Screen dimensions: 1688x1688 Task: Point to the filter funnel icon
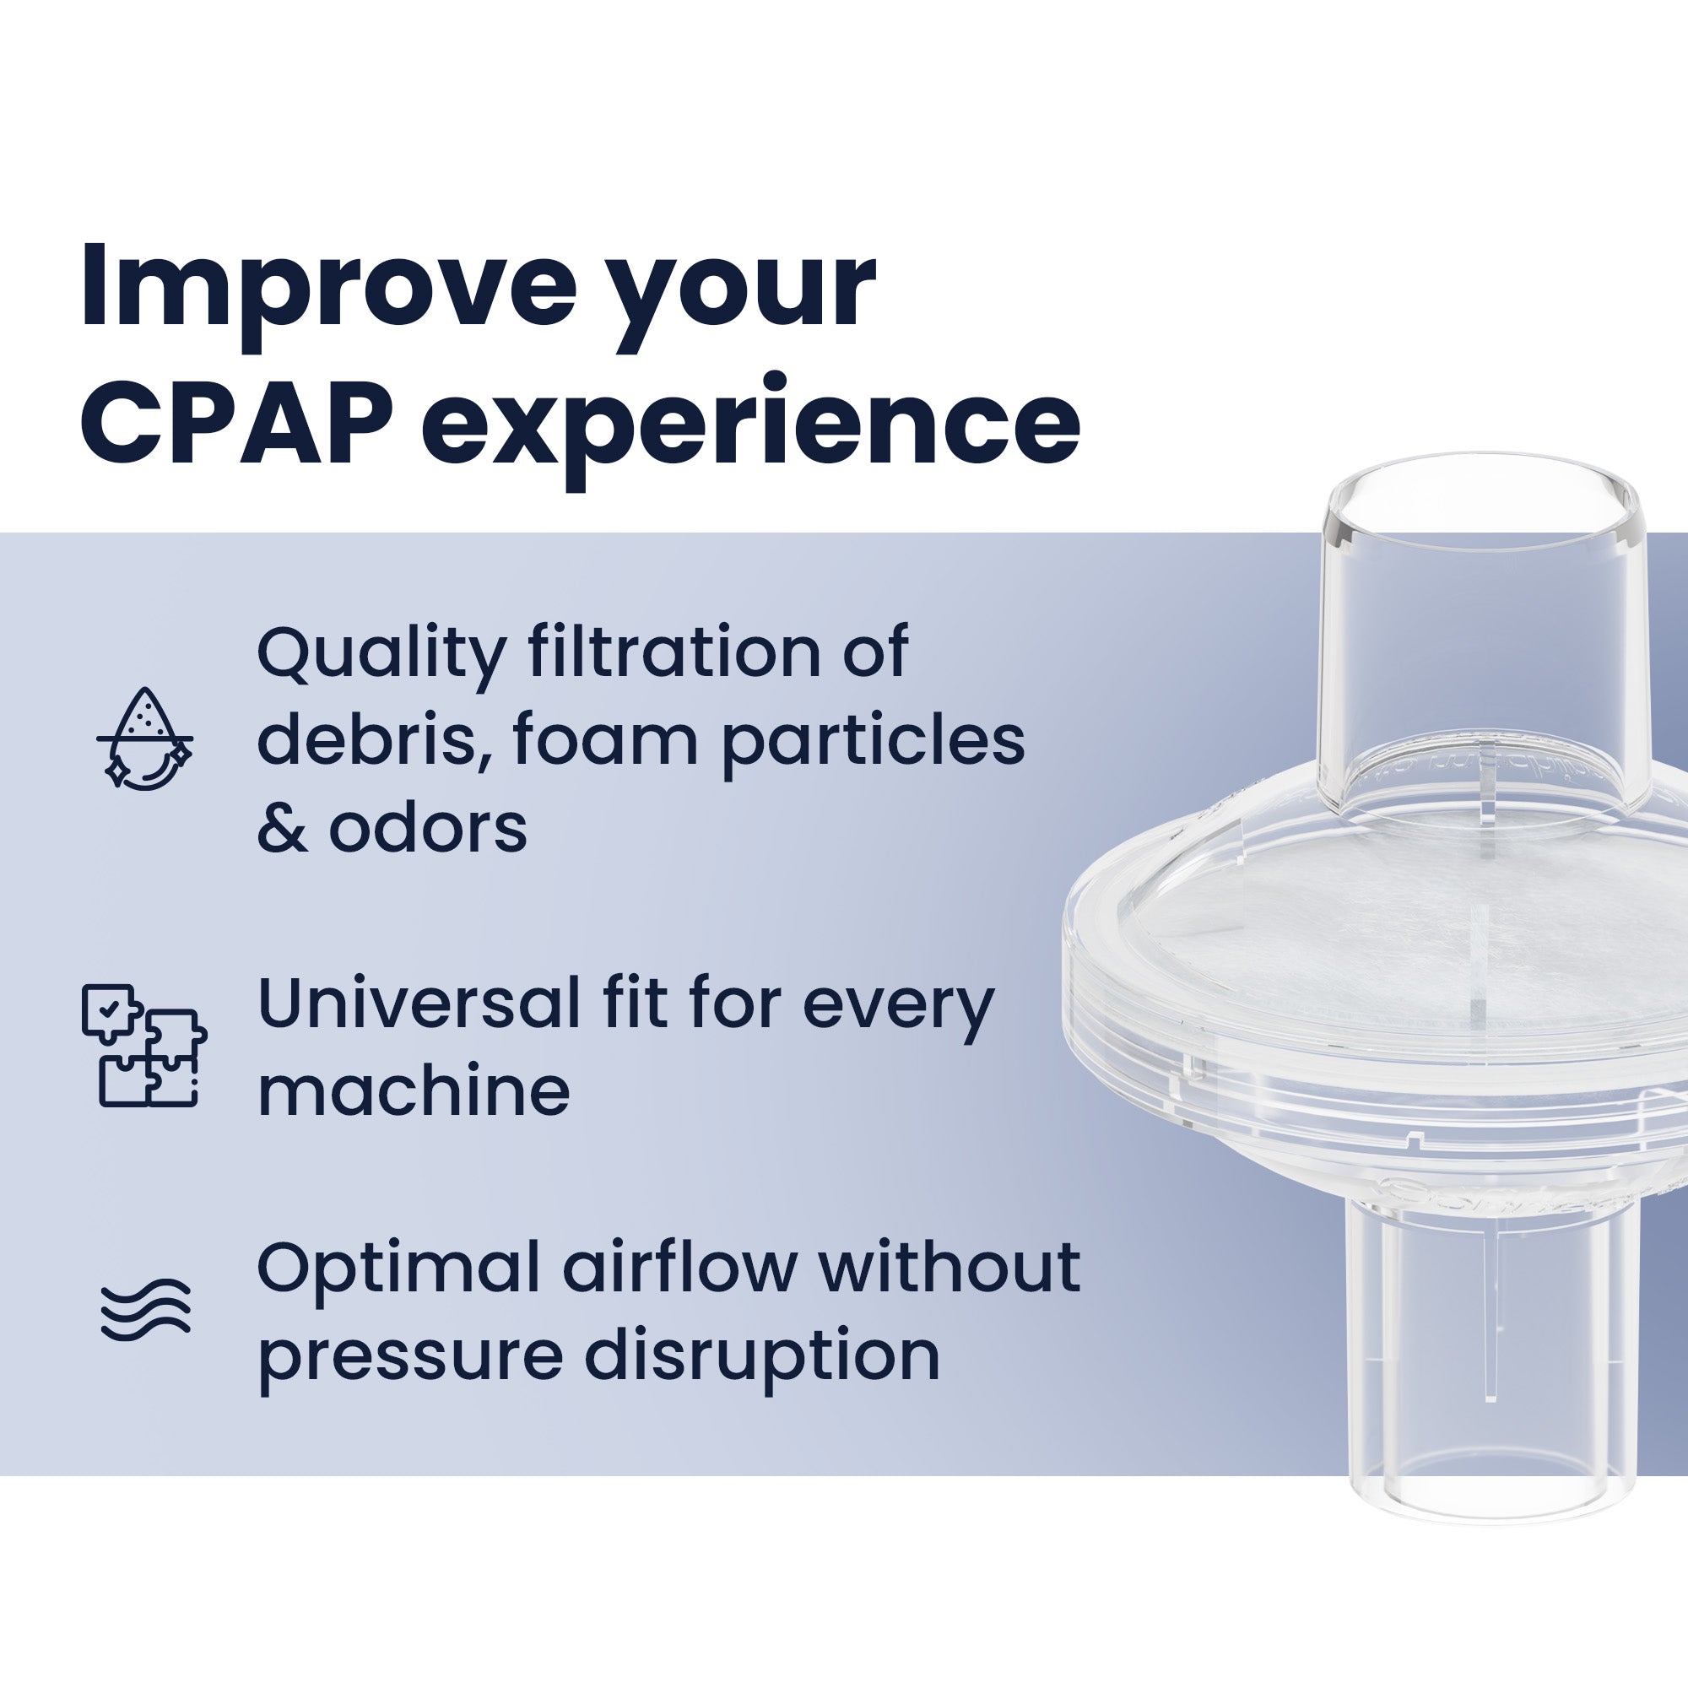[x=144, y=738]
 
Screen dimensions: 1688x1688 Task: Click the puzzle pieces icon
[x=144, y=1046]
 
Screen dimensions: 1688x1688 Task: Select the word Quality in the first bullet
[x=381, y=655]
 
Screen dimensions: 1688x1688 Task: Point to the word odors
[x=428, y=827]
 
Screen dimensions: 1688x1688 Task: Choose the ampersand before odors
[x=281, y=827]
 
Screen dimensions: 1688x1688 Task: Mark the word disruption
[x=761, y=1357]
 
